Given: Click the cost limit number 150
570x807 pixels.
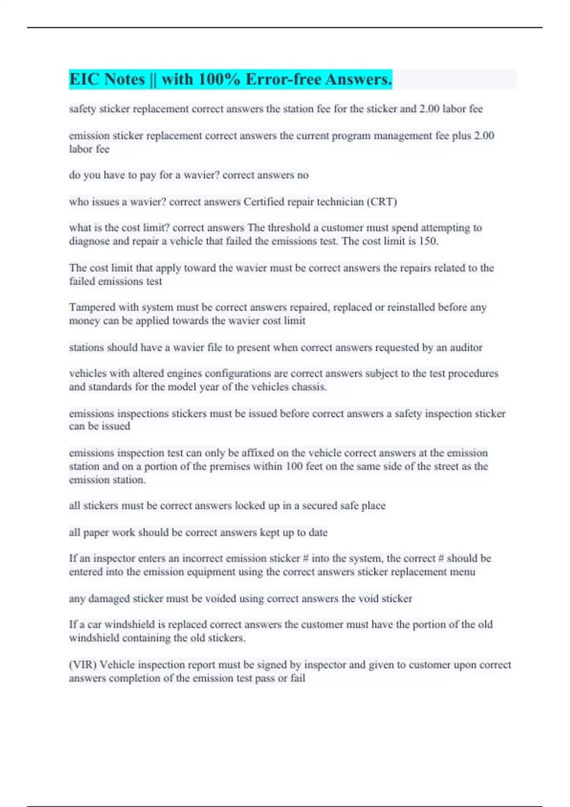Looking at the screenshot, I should pyautogui.click(x=428, y=241).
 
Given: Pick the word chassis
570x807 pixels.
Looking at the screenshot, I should pyautogui.click(x=310, y=387).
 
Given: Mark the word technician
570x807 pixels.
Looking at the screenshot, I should pyautogui.click(x=340, y=202).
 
